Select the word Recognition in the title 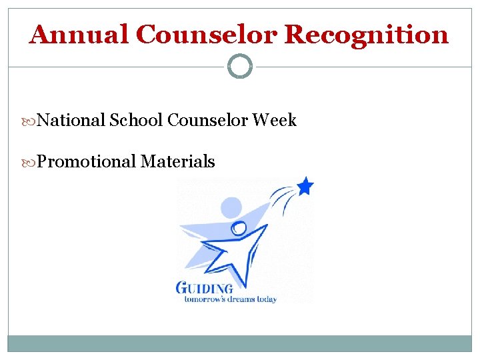coord(367,35)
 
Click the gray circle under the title coord(240,67)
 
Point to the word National coord(71,121)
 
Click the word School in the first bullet coord(136,121)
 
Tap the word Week coord(275,121)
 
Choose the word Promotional coord(87,161)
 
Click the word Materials coord(178,161)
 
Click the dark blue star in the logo coord(305,186)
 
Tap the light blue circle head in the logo coord(231,208)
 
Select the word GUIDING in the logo coord(205,288)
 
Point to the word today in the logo coord(267,299)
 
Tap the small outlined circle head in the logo coord(239,229)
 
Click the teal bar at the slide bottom coord(240,343)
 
